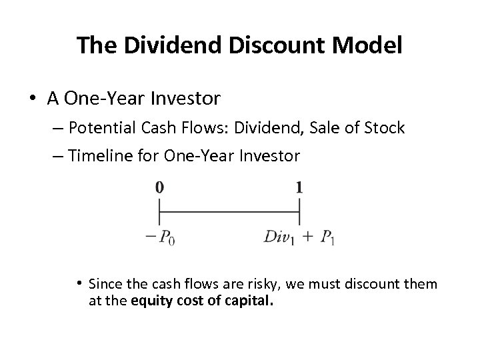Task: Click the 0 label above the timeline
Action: [x=159, y=188]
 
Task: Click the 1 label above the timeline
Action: [x=299, y=188]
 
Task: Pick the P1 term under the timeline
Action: [x=327, y=238]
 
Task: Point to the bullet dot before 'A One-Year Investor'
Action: [x=33, y=100]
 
